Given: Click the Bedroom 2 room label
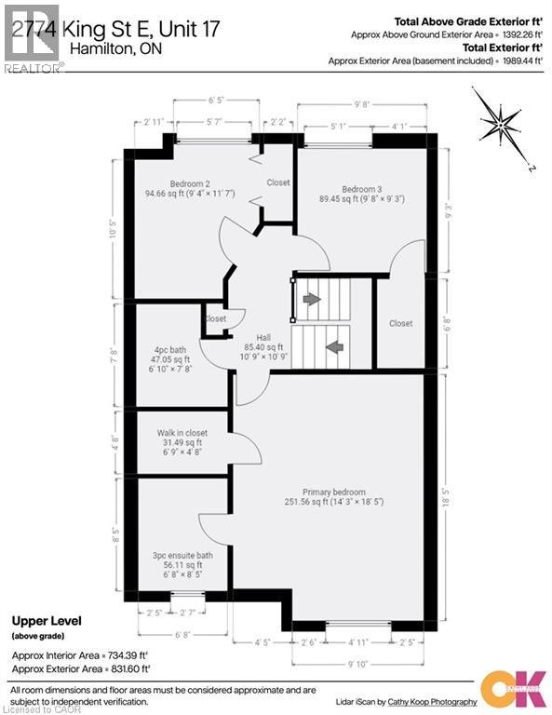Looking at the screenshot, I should coord(188,183).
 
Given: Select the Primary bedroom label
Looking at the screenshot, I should coord(333,492).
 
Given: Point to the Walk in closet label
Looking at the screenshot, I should coord(182,433).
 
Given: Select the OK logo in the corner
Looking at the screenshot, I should coord(515,684).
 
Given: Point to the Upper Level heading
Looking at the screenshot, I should coord(47,620).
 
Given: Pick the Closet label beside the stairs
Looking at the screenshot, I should coord(401,323).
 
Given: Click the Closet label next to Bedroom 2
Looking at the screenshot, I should coord(278,182).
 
